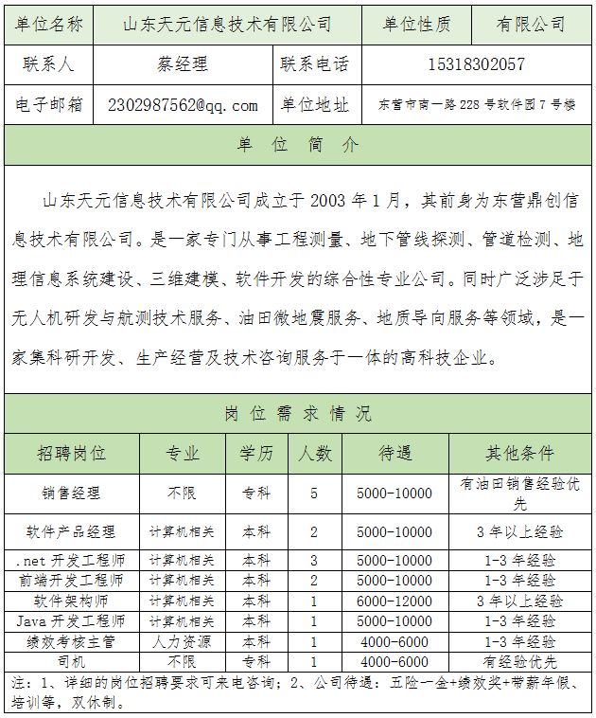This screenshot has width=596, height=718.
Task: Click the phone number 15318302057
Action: (x=477, y=64)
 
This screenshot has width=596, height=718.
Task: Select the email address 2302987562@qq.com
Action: (x=183, y=104)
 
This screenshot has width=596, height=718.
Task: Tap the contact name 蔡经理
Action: (x=183, y=64)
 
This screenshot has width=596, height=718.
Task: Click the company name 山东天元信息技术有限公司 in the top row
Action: (x=228, y=24)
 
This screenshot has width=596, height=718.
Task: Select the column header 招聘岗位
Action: (x=72, y=453)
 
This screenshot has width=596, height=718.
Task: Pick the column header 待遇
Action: (x=394, y=453)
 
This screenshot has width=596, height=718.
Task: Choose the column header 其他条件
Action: (x=519, y=453)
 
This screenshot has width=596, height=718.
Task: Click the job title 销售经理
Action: (x=72, y=493)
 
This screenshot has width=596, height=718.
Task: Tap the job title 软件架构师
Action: (x=72, y=601)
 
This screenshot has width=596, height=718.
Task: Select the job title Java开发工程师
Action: (x=72, y=621)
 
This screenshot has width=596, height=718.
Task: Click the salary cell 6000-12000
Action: (x=394, y=601)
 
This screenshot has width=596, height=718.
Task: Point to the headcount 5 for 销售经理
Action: (x=314, y=493)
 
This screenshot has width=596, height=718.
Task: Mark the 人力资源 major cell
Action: (x=182, y=642)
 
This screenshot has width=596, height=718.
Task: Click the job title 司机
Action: (x=72, y=661)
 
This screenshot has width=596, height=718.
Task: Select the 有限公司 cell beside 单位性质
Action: (x=531, y=24)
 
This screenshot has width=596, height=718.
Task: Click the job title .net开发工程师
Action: (x=72, y=560)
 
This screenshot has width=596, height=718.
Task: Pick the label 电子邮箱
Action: (x=49, y=104)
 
